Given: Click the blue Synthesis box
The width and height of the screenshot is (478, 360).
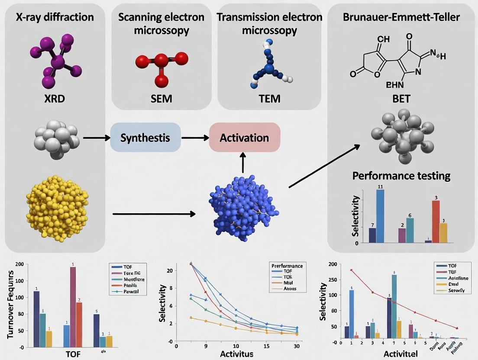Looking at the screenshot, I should click(145, 137).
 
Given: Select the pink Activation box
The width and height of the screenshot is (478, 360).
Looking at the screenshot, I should click(245, 137).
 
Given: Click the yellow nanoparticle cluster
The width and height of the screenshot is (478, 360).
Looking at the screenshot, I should click(57, 208).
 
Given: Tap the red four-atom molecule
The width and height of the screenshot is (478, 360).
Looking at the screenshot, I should click(161, 64).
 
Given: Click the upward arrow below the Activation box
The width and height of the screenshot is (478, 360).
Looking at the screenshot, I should click(243, 163).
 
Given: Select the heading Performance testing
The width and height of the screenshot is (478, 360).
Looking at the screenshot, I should click(401, 176).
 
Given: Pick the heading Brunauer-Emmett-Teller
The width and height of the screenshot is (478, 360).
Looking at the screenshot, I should click(401, 17).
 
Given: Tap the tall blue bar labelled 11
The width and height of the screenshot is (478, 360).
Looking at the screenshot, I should click(380, 216).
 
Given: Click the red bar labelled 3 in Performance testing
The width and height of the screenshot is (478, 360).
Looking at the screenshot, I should click(436, 221).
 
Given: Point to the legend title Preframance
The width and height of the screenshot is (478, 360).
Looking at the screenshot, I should click(287, 265).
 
